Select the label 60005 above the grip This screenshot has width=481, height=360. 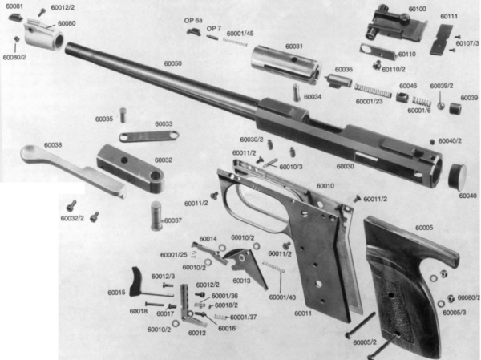pyautogui.click(x=424, y=228)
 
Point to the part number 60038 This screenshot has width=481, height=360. pyautogui.click(x=53, y=144)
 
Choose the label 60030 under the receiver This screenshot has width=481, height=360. pyautogui.click(x=346, y=166)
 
